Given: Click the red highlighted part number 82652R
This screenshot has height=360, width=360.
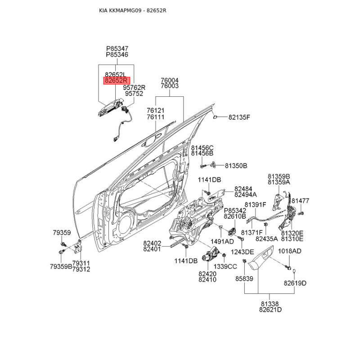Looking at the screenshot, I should [x=116, y=81].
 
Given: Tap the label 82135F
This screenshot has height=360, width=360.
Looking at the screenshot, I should [x=238, y=117].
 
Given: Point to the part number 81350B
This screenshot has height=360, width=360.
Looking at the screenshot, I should [x=236, y=166].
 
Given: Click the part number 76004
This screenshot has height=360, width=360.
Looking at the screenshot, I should [x=170, y=80].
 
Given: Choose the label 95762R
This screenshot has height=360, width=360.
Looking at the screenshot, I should [x=135, y=87].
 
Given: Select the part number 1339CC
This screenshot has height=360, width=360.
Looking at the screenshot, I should [x=225, y=266].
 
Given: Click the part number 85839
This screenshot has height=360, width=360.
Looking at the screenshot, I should [x=245, y=279].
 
